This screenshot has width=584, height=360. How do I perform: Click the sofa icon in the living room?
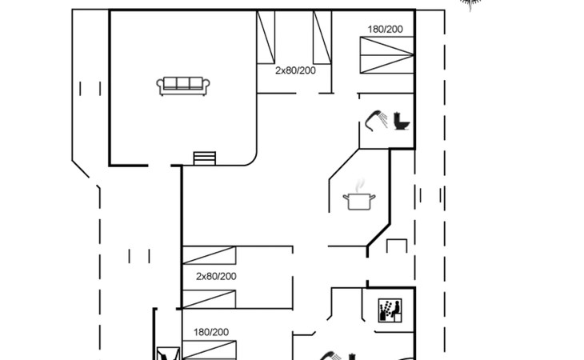click(x=183, y=86)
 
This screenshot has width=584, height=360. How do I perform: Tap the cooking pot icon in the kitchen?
click(x=359, y=202)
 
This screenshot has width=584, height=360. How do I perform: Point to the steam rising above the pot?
click(x=359, y=186)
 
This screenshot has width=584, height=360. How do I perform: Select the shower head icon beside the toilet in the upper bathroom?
click(x=376, y=120)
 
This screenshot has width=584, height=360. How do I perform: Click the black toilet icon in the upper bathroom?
click(x=402, y=122)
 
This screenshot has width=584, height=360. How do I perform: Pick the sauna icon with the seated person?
click(x=390, y=310)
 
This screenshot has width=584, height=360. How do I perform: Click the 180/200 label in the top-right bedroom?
click(x=385, y=29)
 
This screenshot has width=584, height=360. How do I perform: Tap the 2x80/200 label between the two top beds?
click(x=295, y=70)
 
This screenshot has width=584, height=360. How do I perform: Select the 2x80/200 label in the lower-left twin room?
click(x=216, y=276)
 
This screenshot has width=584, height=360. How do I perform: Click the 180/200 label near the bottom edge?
click(x=211, y=332)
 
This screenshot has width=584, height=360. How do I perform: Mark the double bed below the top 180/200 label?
click(x=387, y=54)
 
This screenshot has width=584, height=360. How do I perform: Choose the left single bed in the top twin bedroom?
click(x=266, y=38)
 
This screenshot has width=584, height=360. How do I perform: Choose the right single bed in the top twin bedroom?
click(x=322, y=38)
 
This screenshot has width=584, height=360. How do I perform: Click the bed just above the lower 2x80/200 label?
click(x=209, y=255)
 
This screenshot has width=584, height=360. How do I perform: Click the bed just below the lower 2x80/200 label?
click(x=209, y=299)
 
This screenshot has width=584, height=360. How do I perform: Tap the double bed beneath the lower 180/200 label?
click(x=209, y=350)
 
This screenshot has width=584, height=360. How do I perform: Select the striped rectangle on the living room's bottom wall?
click(x=205, y=158)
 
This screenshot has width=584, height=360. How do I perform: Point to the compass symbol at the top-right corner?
click(x=470, y=5)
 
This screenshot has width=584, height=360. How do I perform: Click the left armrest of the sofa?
click(x=160, y=86)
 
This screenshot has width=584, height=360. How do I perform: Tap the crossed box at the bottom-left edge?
click(x=168, y=354)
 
